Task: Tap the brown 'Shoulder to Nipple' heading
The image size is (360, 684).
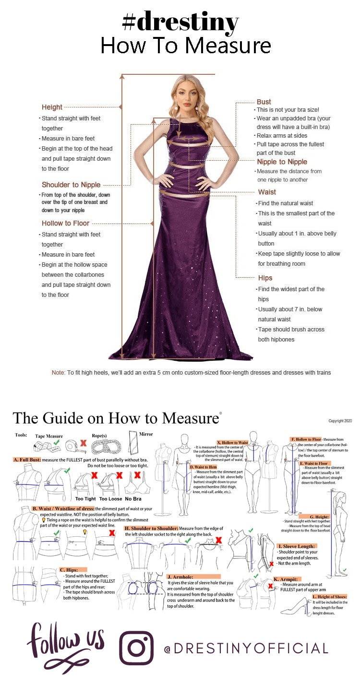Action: pyautogui.click(x=71, y=185)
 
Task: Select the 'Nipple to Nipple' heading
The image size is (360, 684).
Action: pyautogui.click(x=282, y=162)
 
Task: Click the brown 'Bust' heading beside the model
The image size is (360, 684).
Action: pyautogui.click(x=264, y=102)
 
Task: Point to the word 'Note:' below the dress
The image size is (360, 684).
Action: pyautogui.click(x=58, y=372)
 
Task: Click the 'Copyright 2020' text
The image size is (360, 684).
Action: pyautogui.click(x=340, y=421)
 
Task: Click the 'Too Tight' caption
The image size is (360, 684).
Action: pyautogui.click(x=85, y=499)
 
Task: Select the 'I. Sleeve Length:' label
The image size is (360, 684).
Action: pyautogui.click(x=297, y=546)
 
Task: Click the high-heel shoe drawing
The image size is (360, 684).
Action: pyautogui.click(x=297, y=607)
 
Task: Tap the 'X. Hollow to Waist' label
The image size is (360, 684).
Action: pyautogui.click(x=233, y=443)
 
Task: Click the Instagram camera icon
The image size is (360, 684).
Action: pyautogui.click(x=136, y=648)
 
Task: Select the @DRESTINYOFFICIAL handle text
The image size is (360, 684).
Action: pyautogui.click(x=246, y=649)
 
